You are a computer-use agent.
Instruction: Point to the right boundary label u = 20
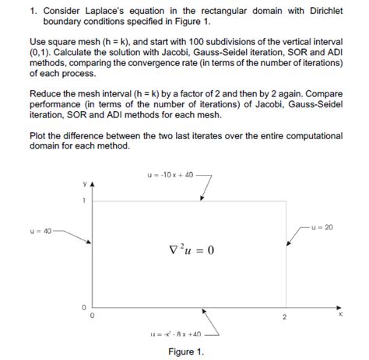(322, 227)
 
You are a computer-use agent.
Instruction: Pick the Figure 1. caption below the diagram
(185, 351)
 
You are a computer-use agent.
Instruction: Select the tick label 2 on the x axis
(284, 317)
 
